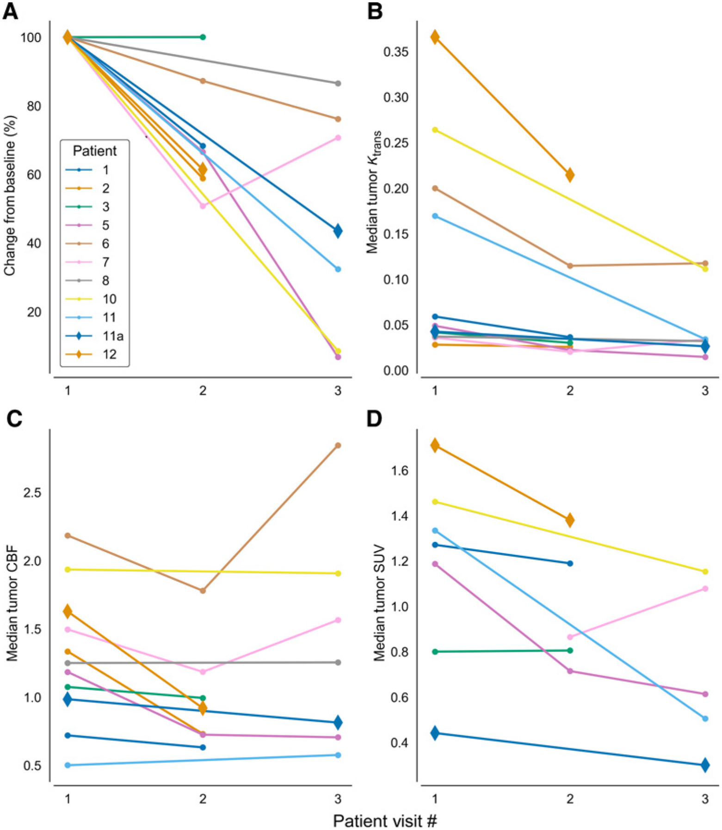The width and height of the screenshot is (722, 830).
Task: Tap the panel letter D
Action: coord(375,418)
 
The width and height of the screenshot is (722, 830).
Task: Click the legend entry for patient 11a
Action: coord(95,336)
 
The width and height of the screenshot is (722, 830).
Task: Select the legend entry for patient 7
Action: coord(95,262)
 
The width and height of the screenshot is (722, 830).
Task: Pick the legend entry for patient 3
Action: coord(95,207)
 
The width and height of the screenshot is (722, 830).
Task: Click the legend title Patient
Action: coord(95,151)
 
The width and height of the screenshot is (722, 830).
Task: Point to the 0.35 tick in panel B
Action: coord(396,51)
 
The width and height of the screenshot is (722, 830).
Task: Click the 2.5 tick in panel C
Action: coord(32,492)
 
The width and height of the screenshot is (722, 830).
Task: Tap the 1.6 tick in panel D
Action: coord(399,470)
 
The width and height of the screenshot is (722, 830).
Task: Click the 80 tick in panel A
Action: coord(33,106)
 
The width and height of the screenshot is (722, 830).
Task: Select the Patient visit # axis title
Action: coord(385,821)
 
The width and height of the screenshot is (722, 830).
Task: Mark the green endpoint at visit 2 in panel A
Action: coord(203,37)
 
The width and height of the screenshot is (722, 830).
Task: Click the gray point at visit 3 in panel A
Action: coord(338,84)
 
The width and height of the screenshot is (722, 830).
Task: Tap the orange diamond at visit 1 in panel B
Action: coord(435,37)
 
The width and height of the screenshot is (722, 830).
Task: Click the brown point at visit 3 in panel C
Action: coord(338,445)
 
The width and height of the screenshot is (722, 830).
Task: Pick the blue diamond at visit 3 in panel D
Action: coord(705,765)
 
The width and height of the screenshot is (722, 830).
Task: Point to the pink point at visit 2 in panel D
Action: coord(570,637)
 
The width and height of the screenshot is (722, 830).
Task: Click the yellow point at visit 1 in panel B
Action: coord(435,130)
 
